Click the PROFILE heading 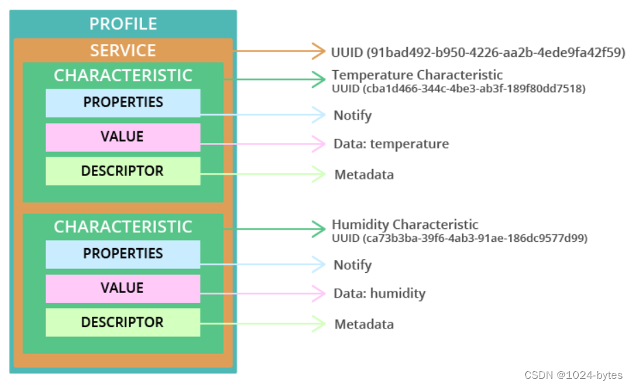[123, 24]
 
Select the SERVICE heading [123, 51]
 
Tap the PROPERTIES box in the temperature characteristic [123, 102]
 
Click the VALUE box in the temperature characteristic [123, 137]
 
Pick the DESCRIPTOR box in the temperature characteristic [123, 171]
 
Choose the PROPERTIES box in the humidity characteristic [123, 254]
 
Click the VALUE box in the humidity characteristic [123, 288]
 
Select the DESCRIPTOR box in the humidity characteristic [123, 322]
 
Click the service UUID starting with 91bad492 [478, 52]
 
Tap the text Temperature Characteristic [417, 75]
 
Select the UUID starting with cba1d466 [459, 89]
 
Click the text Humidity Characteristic [405, 225]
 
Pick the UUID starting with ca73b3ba [459, 239]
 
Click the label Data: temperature [391, 144]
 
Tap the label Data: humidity [380, 294]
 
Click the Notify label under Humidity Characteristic [352, 265]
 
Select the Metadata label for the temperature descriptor [364, 175]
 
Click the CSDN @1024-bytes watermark [573, 375]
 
